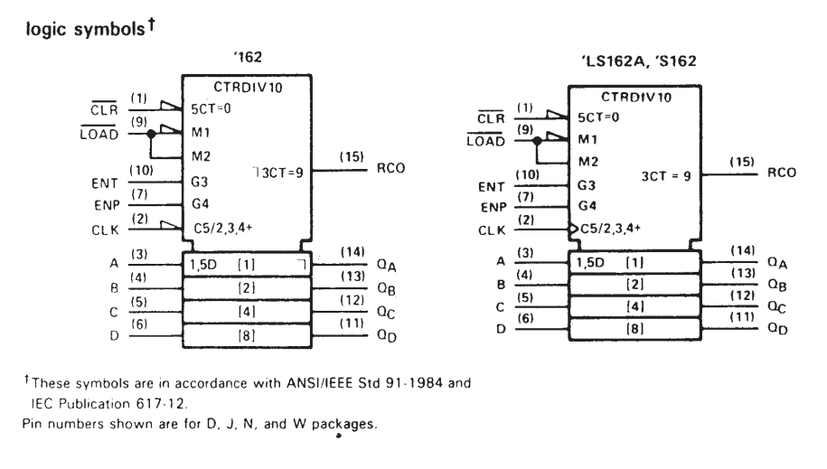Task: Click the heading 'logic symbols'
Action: [x=85, y=29]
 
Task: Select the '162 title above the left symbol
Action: [x=248, y=57]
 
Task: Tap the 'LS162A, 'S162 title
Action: [x=639, y=61]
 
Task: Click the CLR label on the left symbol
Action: [x=104, y=109]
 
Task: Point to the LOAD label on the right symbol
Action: [x=485, y=141]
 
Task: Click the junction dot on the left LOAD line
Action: [x=151, y=134]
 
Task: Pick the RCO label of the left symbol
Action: [x=390, y=168]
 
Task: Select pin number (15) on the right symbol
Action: [x=741, y=162]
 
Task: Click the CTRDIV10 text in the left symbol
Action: [x=248, y=87]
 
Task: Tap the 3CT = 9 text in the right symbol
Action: [x=666, y=176]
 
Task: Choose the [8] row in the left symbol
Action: [x=247, y=335]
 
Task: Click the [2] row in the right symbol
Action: [x=634, y=285]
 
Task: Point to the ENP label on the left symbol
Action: [x=107, y=205]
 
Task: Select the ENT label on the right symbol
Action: [x=491, y=187]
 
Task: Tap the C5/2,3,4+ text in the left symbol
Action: [x=223, y=228]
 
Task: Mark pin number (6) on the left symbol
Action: [x=139, y=324]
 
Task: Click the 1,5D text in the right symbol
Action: [x=589, y=262]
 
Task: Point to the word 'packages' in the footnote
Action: [x=343, y=424]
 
